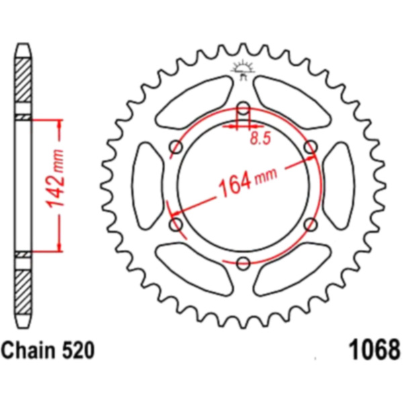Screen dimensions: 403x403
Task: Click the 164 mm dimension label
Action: [x=248, y=182]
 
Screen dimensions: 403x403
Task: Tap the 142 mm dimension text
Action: [x=55, y=178]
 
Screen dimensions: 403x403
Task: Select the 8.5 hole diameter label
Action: [x=261, y=139]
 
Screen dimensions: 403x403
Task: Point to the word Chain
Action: [x=28, y=351]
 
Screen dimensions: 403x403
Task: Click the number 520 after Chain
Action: [x=78, y=351]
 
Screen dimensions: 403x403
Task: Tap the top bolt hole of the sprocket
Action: [x=243, y=108]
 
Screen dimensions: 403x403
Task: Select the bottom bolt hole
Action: [x=243, y=263]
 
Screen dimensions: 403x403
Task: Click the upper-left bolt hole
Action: [x=176, y=147]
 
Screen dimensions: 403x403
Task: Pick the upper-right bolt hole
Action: [x=310, y=147]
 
